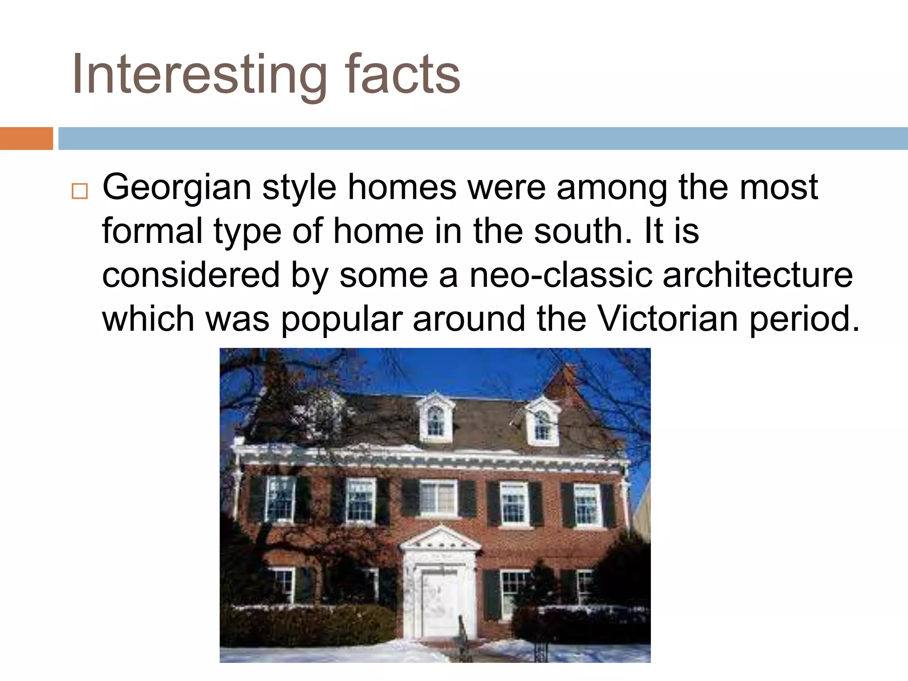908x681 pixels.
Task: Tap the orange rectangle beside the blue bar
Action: tap(26, 138)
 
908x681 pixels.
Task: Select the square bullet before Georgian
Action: tap(79, 192)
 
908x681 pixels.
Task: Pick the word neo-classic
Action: tap(560, 275)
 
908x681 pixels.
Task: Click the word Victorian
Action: tap(668, 318)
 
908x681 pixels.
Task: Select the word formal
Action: tap(152, 231)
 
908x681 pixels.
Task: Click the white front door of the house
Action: tap(439, 603)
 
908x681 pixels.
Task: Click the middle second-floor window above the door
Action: tap(438, 498)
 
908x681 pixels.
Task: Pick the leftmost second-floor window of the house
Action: tap(280, 498)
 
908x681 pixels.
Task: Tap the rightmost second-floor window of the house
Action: tap(587, 504)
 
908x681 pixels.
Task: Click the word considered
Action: tap(191, 275)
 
